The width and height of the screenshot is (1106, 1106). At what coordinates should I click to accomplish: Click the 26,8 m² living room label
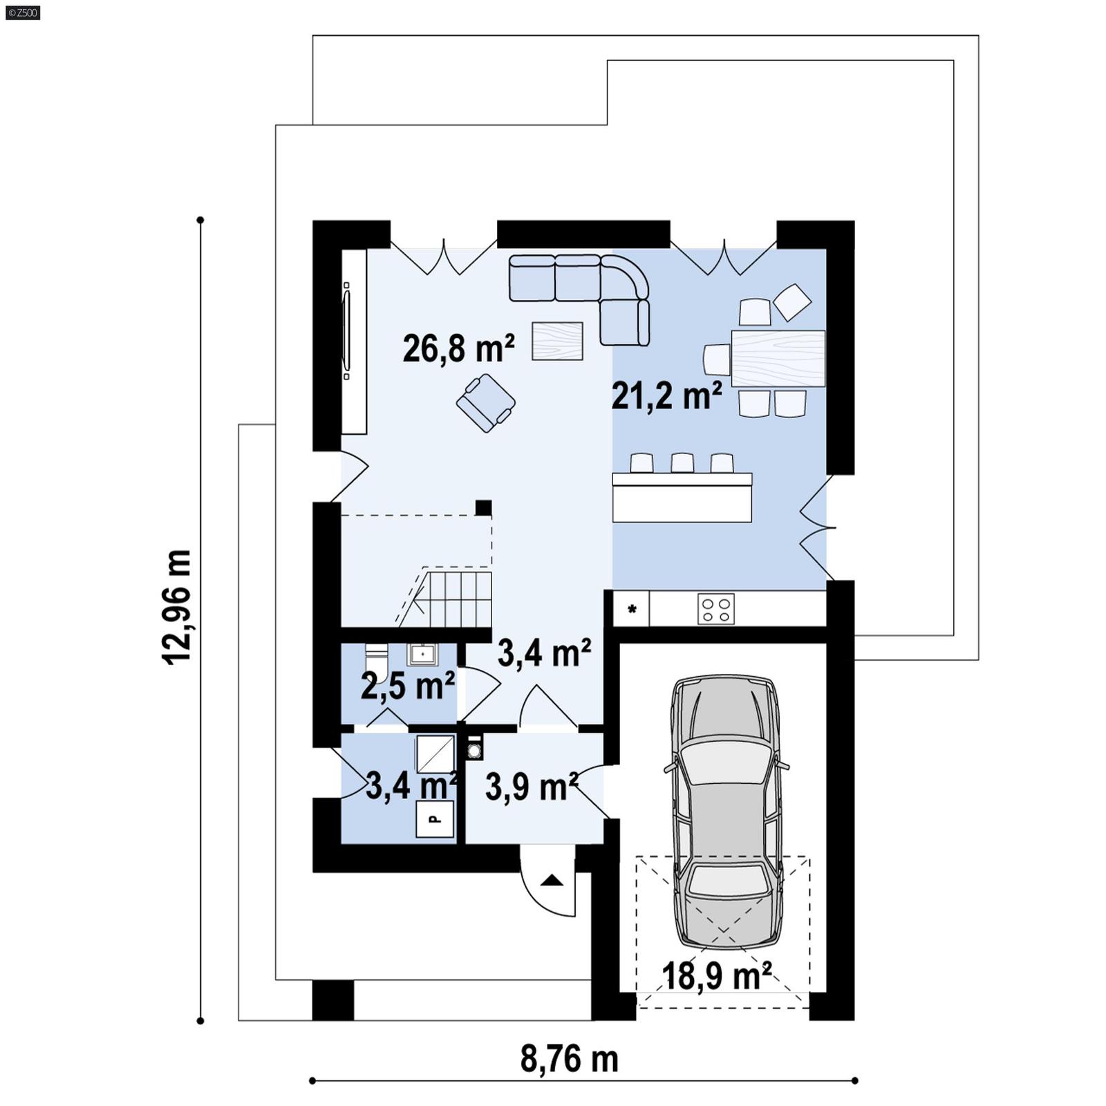coord(458,348)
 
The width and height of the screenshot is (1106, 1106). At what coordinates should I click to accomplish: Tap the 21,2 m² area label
coord(666,396)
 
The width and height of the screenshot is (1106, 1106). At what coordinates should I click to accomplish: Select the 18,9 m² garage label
coord(716,976)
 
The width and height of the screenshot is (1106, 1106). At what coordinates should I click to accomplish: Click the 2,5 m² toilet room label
coord(407,686)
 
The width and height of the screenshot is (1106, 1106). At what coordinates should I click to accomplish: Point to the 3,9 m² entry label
coord(531,787)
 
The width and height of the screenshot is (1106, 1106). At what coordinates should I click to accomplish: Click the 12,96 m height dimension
coord(177,607)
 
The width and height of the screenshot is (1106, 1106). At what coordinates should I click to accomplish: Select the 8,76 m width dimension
coord(569,1058)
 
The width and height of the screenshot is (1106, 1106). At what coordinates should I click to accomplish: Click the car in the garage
coord(726,809)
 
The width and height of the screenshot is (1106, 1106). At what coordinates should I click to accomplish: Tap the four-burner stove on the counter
coord(715,609)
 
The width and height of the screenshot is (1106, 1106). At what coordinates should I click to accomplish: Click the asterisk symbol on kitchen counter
coord(632,610)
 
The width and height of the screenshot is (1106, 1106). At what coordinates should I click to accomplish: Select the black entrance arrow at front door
coord(552,880)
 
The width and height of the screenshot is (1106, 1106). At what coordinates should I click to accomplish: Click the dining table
coord(778,358)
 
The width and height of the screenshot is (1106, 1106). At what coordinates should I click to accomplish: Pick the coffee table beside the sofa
coord(557,341)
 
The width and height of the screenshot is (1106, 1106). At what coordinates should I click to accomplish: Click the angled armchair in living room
coord(485,403)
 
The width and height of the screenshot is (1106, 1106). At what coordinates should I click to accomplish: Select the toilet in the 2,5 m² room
coord(377,653)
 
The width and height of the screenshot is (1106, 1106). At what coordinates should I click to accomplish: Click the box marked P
coord(435,819)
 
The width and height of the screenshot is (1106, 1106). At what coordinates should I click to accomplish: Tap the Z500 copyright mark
coord(22,12)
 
